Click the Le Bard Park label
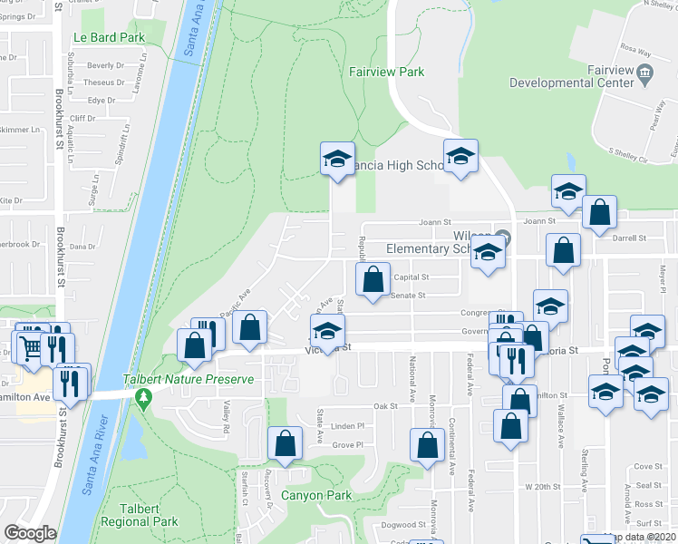coord(108,38)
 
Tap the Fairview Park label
coord(387,72)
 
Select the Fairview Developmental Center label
coord(571,77)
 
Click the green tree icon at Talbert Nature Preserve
coord(142,397)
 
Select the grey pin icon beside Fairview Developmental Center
coord(645,73)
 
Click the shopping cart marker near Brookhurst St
coord(29,347)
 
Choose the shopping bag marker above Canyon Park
coord(286,443)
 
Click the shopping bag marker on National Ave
coord(426,445)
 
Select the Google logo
coord(30,533)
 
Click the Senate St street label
coord(409,296)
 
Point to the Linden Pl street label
coord(346,426)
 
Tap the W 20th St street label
coord(544,487)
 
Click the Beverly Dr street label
coord(106,66)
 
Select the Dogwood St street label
coord(403,525)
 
